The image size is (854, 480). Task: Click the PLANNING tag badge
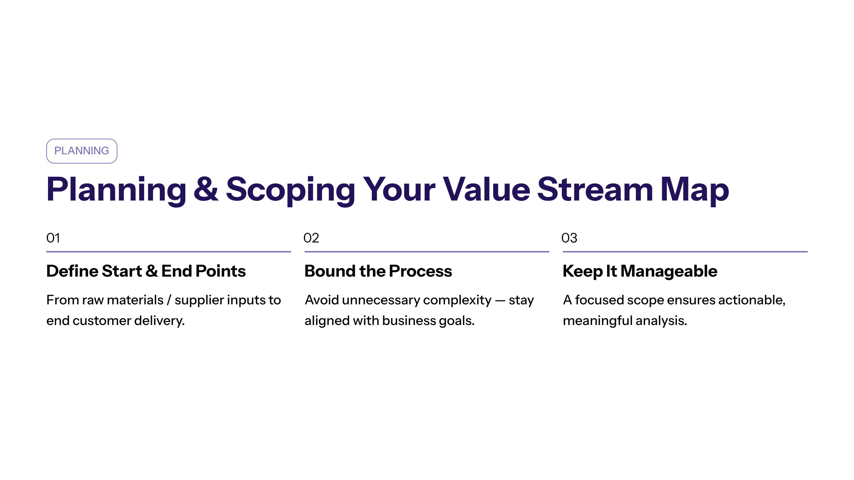click(x=81, y=151)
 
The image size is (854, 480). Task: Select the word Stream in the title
click(x=595, y=189)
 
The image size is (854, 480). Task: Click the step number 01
click(x=53, y=238)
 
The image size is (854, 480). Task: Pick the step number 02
click(x=311, y=238)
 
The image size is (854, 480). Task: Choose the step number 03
click(x=569, y=238)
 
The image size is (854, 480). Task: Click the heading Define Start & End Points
click(x=146, y=271)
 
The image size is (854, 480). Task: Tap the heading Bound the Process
click(x=378, y=271)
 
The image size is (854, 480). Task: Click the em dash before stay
click(x=500, y=301)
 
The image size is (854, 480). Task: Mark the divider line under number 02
click(x=427, y=252)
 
